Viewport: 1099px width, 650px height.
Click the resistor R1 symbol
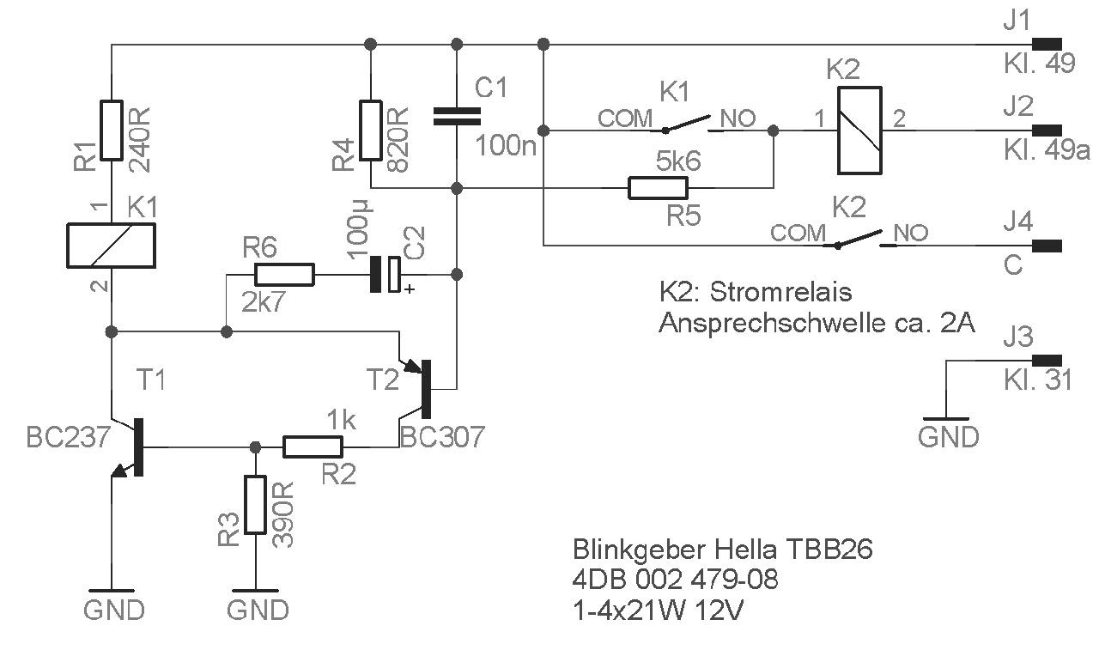tap(112, 130)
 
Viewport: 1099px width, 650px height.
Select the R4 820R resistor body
tap(370, 130)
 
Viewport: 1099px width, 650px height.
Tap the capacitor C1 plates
tap(457, 117)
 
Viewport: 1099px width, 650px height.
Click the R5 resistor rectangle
tap(658, 188)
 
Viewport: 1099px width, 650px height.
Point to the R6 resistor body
tap(284, 275)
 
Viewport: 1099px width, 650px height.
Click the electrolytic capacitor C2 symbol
tap(385, 275)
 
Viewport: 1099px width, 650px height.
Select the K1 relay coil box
tap(112, 245)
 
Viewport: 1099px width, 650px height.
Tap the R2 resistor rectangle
tap(313, 446)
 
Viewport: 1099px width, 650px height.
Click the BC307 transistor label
tap(442, 437)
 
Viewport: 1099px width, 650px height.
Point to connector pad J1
tap(1047, 45)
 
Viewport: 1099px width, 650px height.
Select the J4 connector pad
tap(1047, 246)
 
